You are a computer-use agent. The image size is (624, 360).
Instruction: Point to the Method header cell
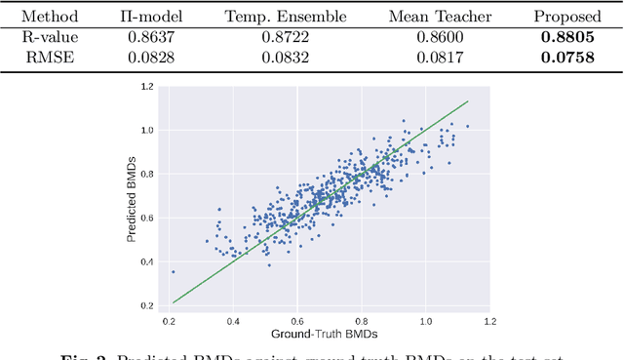51,17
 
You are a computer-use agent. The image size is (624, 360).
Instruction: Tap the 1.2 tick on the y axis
148,86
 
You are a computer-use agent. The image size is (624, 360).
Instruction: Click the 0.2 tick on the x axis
170,320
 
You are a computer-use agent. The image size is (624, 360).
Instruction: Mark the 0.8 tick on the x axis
362,320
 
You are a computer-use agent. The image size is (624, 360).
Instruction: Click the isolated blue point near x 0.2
174,272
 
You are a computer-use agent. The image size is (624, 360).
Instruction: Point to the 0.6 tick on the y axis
148,218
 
